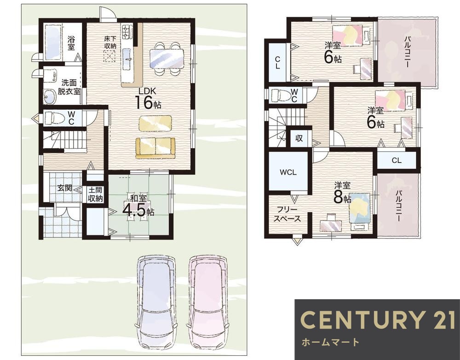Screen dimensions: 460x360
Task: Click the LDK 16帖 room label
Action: [x=148, y=98]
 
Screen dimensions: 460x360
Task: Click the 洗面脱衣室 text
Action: [x=69, y=87]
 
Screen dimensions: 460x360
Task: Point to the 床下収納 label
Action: [x=110, y=42]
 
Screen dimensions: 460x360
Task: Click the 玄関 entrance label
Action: [x=64, y=188]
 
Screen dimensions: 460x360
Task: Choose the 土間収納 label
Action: [x=95, y=194]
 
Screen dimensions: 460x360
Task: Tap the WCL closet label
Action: [x=288, y=172]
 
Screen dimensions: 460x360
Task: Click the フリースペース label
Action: [x=287, y=215]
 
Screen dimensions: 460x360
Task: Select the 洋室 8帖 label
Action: [x=342, y=193]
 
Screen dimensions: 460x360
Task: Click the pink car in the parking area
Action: [x=207, y=301]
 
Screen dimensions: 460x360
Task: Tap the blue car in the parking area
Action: [x=157, y=301]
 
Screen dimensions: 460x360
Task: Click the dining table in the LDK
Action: [x=167, y=58]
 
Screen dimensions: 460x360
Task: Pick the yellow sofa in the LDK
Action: [x=155, y=148]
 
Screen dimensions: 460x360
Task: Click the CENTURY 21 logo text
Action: [x=378, y=319]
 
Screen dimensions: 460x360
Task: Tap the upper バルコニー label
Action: [x=407, y=52]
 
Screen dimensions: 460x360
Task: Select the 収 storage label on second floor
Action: [x=299, y=138]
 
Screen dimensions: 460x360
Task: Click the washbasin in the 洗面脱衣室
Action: [x=50, y=96]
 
